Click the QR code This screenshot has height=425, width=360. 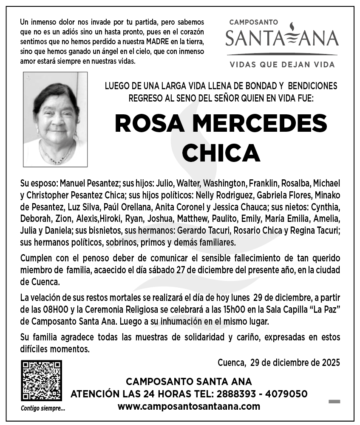point(42,381)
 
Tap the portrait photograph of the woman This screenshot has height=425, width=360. point(55,119)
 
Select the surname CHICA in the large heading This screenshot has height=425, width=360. point(221,152)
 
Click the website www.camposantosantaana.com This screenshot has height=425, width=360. point(189,406)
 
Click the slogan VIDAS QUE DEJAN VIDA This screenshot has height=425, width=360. point(282,65)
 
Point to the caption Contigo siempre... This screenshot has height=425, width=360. point(43,409)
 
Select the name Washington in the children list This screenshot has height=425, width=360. point(225,184)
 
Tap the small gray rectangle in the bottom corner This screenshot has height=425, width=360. point(334,401)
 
